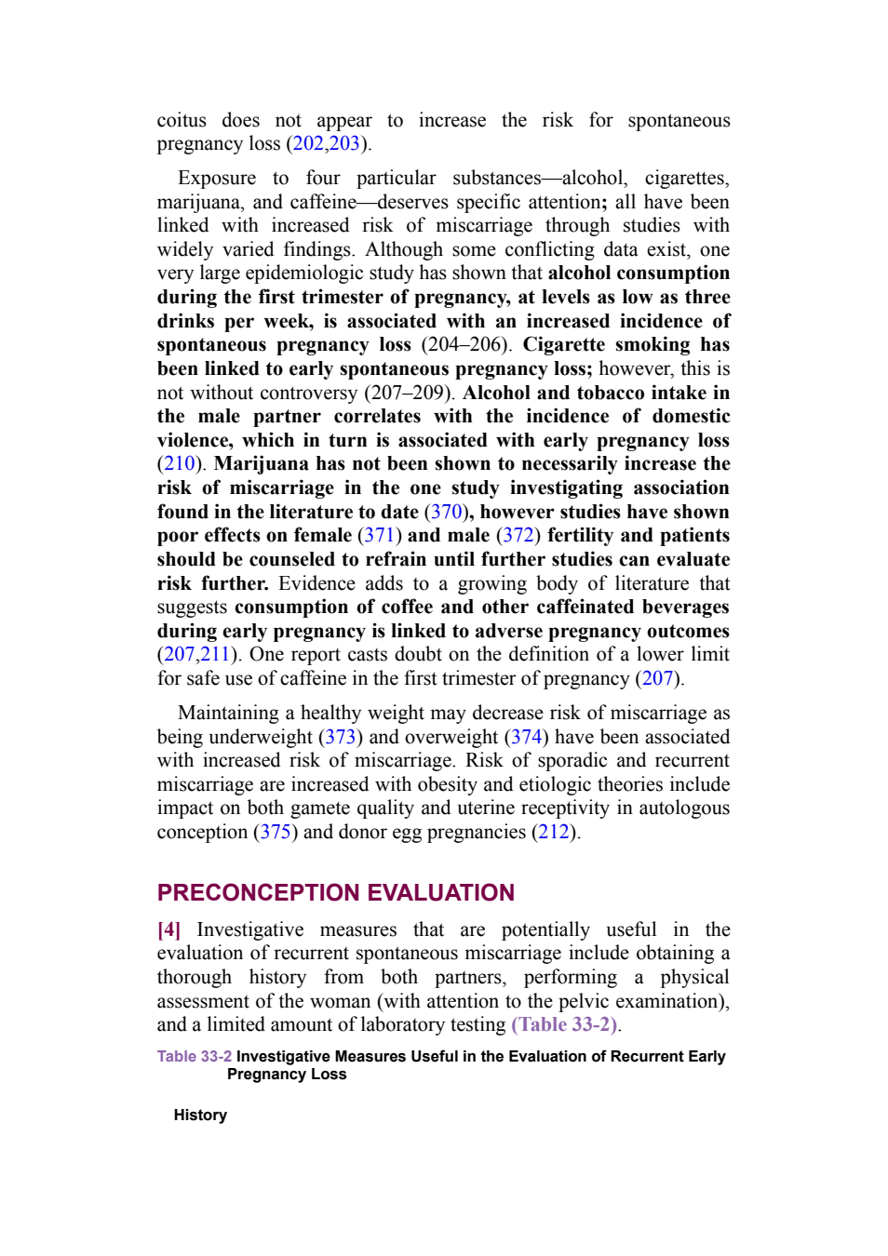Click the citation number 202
[308, 144]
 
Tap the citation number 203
[343, 144]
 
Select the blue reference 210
[179, 463]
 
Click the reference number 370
[446, 512]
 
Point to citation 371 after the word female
[380, 536]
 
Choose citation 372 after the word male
[518, 536]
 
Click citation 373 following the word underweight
[341, 737]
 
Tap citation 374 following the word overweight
[527, 737]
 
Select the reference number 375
[276, 832]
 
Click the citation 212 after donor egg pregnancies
[554, 832]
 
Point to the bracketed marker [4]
[168, 930]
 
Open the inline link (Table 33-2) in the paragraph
[564, 1025]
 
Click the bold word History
[200, 1116]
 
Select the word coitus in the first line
[182, 121]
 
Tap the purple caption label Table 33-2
[195, 1057]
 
